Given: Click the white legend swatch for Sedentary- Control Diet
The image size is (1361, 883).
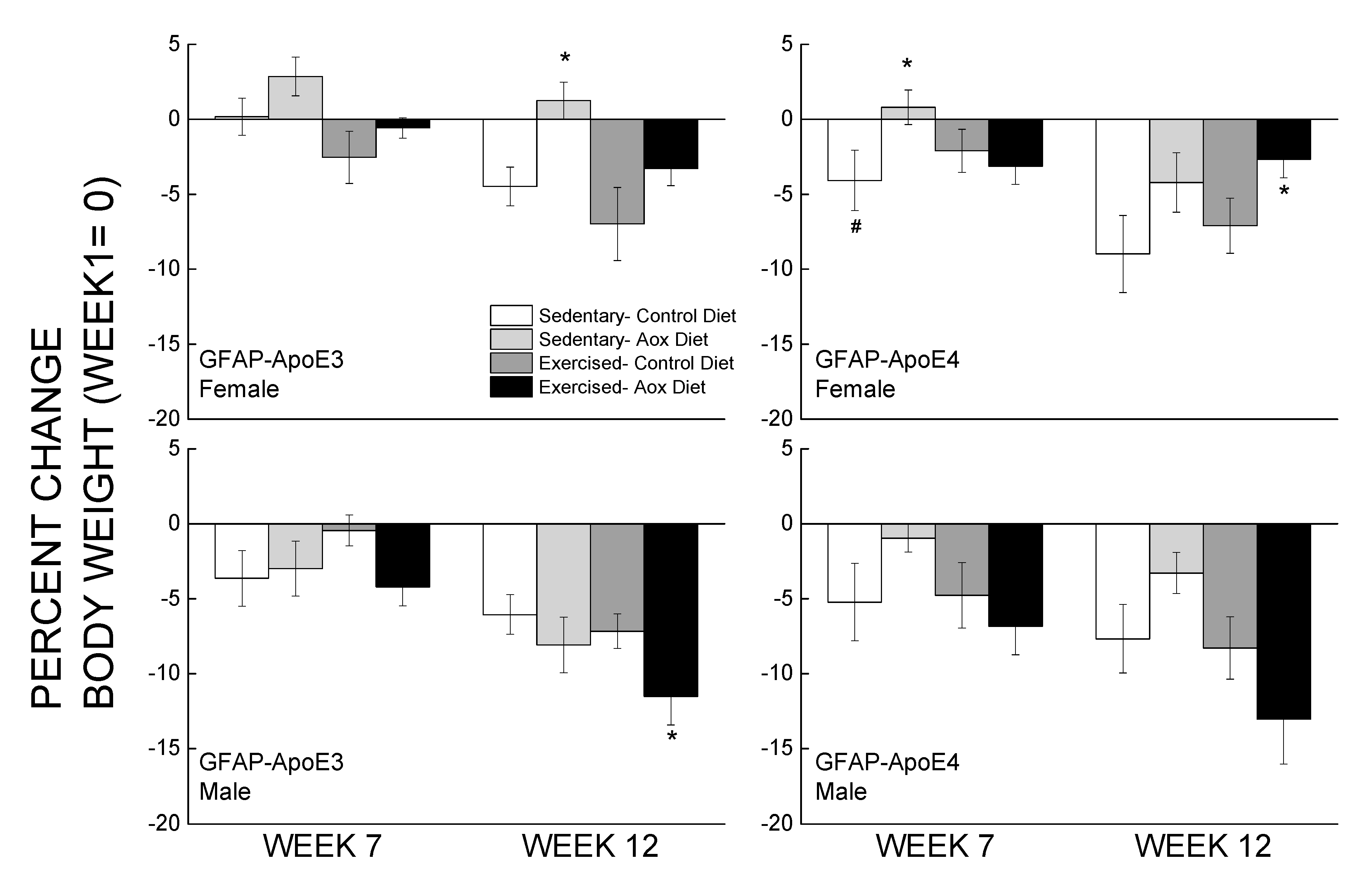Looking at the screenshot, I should pyautogui.click(x=511, y=315).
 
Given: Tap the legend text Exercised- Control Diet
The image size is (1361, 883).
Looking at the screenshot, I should pyautogui.click(x=636, y=363).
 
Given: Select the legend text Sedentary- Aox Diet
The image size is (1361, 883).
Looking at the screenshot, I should pyautogui.click(x=623, y=339).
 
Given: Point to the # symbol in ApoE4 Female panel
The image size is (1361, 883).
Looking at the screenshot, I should pyautogui.click(x=855, y=227).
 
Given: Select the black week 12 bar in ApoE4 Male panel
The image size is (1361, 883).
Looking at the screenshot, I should pyautogui.click(x=1283, y=621).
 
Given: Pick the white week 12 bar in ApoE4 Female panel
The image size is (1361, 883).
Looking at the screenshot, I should pyautogui.click(x=1122, y=186).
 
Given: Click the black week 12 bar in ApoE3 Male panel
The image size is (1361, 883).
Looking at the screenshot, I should pyautogui.click(x=671, y=610).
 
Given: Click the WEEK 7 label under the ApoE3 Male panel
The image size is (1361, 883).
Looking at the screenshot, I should pyautogui.click(x=322, y=846).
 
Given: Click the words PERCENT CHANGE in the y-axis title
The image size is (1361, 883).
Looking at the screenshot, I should pyautogui.click(x=46, y=518).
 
